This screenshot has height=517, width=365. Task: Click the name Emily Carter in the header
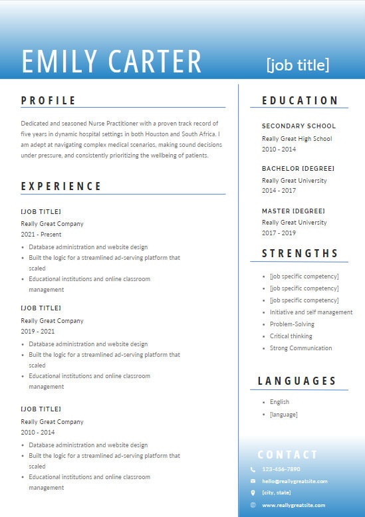pos(112,61)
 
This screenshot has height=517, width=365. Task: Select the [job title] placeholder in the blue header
pos(297,65)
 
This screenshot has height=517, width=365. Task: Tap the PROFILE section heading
pos(49,101)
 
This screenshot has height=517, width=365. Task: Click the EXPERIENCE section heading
pos(61,187)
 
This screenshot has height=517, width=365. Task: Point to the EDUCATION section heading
pos(300,101)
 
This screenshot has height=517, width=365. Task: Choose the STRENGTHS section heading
pos(300,254)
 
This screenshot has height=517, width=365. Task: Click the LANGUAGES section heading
pos(297,381)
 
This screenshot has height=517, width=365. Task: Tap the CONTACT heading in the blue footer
pos(288,455)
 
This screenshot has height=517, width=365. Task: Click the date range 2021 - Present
pos(41,235)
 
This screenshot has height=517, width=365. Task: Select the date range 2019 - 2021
pos(38,332)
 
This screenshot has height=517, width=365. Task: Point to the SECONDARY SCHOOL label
pos(299,126)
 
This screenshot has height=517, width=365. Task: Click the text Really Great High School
pos(297,139)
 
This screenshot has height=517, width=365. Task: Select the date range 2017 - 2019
pos(279,233)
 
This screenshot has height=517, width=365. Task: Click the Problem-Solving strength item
pos(292,324)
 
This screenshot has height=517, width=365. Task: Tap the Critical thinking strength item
pos(291,336)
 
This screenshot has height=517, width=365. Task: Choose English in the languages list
pos(279,402)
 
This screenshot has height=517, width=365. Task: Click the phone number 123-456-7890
pos(281,469)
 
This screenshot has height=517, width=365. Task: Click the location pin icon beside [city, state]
pos(253,493)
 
